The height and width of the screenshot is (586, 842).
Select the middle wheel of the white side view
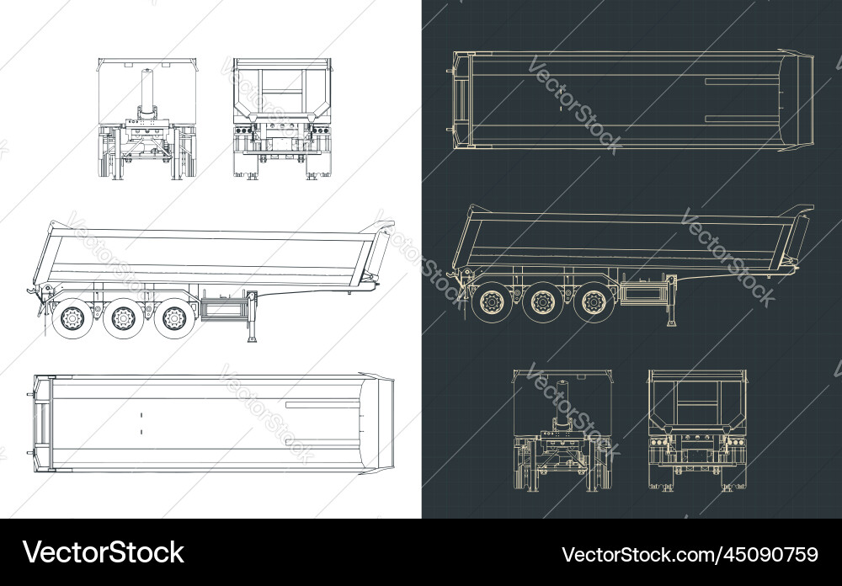click(123, 318)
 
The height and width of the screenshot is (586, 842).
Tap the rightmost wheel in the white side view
click(174, 318)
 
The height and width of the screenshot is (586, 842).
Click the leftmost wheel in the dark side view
click(490, 301)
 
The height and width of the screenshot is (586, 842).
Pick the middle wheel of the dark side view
click(543, 301)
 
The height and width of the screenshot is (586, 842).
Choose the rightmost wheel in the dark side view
click(594, 301)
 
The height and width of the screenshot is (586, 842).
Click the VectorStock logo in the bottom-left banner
click(103, 552)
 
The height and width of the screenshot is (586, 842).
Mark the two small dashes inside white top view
click(141, 423)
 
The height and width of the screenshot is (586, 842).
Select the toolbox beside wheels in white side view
click(221, 309)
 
